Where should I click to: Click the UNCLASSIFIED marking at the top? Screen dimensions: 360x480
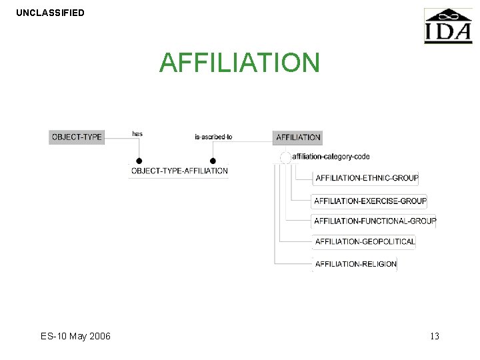click(50, 13)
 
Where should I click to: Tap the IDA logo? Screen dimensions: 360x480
click(448, 27)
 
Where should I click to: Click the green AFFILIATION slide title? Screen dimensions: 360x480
click(240, 63)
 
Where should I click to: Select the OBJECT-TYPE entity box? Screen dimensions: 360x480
click(77, 137)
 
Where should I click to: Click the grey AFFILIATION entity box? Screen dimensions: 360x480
click(298, 137)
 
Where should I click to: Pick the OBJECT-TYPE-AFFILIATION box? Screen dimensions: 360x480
click(179, 171)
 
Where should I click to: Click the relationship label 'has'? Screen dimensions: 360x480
click(137, 134)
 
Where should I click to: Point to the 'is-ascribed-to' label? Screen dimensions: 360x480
click(213, 137)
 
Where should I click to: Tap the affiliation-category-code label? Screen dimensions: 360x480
click(331, 157)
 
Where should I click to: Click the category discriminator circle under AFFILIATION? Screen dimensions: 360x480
click(285, 157)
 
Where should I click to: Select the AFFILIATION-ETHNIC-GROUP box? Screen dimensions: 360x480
click(366, 178)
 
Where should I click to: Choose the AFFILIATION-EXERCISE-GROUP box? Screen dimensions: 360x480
click(370, 201)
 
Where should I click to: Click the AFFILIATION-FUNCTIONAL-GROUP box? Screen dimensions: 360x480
click(375, 221)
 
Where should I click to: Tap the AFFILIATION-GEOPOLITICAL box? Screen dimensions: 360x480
click(365, 241)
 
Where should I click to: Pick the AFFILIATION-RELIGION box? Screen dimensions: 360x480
click(355, 264)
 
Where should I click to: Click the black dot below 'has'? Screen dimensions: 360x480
click(139, 161)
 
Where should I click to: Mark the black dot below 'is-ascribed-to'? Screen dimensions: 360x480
click(213, 161)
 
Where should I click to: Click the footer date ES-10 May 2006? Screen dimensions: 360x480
click(75, 336)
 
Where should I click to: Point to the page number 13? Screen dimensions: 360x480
click(435, 336)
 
